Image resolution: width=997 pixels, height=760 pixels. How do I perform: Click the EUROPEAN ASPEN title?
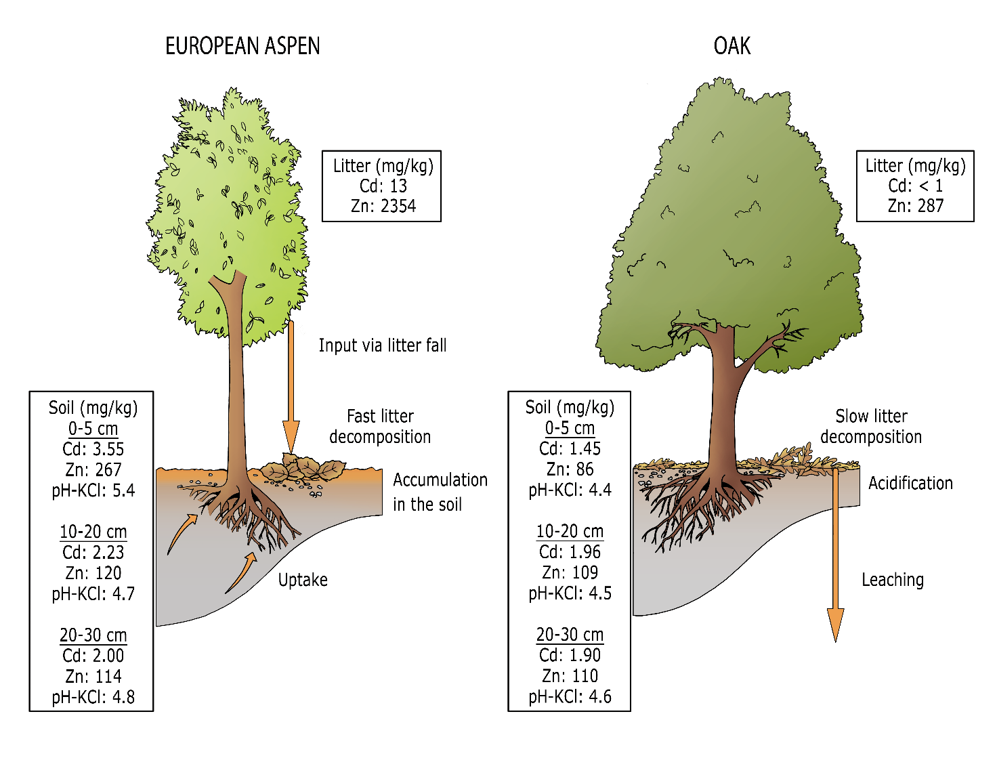[x=242, y=46]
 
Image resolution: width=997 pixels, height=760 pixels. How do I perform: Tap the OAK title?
[x=732, y=46]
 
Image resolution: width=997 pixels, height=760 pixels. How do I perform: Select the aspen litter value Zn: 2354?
[x=383, y=206]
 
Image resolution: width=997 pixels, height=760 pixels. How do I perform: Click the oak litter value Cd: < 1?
[x=915, y=186]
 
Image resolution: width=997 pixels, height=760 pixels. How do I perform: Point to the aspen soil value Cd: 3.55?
[x=93, y=449]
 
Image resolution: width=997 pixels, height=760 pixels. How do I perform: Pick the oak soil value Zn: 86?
[x=570, y=469]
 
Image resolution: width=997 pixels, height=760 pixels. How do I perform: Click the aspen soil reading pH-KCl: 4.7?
[x=93, y=593]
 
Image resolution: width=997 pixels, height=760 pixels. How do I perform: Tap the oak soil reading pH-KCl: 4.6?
[x=570, y=696]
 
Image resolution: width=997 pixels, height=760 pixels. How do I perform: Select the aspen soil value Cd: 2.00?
[x=93, y=656]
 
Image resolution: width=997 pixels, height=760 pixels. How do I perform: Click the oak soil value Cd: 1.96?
[x=570, y=551]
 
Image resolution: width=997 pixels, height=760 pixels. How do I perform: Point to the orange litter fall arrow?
[x=291, y=386]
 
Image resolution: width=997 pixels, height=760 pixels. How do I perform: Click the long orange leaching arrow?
[x=836, y=555]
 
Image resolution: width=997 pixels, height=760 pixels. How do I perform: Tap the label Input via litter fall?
[x=383, y=345]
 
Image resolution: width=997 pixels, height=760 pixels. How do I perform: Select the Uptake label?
[x=303, y=580]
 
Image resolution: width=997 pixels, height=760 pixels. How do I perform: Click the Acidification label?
[x=910, y=483]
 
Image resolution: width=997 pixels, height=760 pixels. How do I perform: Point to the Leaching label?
[x=893, y=580]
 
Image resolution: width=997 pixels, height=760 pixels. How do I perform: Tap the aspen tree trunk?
[x=236, y=379]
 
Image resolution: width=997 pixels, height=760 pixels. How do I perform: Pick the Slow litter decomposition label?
[x=871, y=426]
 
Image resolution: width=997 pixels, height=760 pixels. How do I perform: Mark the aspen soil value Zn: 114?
[x=93, y=676]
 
